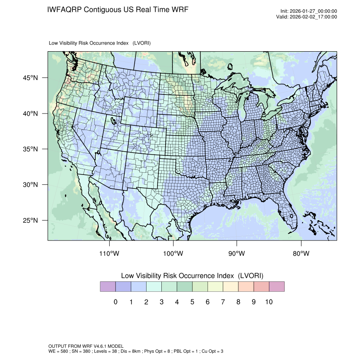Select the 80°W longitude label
click(301, 254)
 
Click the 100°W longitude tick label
click(173, 254)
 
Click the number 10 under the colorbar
click(269, 302)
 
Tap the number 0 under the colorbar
click(115, 302)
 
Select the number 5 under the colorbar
click(192, 302)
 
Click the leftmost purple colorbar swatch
click(108, 287)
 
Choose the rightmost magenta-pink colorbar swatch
click(277, 287)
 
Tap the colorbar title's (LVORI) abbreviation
click(251, 276)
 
